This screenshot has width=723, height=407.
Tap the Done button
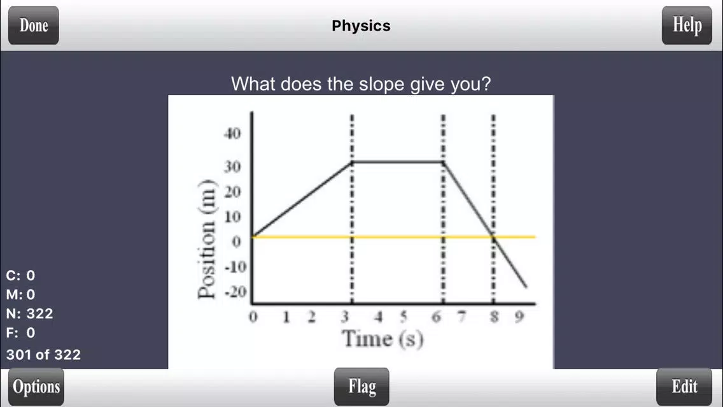pyautogui.click(x=33, y=25)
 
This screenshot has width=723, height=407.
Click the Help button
pyautogui.click(x=687, y=25)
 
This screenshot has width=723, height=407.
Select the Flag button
pyautogui.click(x=361, y=387)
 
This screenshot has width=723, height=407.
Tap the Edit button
pyautogui.click(x=684, y=387)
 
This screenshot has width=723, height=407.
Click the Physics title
pyautogui.click(x=361, y=26)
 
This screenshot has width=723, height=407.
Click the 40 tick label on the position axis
pyautogui.click(x=232, y=134)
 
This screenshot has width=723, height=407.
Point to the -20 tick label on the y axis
pyautogui.click(x=235, y=292)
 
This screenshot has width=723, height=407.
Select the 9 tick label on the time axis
pyautogui.click(x=519, y=317)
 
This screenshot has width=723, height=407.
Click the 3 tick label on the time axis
pyautogui.click(x=345, y=317)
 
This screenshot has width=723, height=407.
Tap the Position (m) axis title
pyautogui.click(x=206, y=239)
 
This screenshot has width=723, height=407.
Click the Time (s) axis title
pyautogui.click(x=383, y=339)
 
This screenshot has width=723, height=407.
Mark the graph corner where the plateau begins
pyautogui.click(x=352, y=162)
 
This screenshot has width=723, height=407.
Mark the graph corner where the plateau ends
pyautogui.click(x=443, y=162)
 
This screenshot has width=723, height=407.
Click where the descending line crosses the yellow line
pyautogui.click(x=493, y=237)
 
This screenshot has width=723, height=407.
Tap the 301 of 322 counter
pyautogui.click(x=43, y=354)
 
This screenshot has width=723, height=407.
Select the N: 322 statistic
pyautogui.click(x=29, y=314)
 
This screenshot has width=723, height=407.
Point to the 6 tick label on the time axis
pyautogui.click(x=436, y=317)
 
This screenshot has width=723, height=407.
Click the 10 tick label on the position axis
pyautogui.click(x=232, y=217)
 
